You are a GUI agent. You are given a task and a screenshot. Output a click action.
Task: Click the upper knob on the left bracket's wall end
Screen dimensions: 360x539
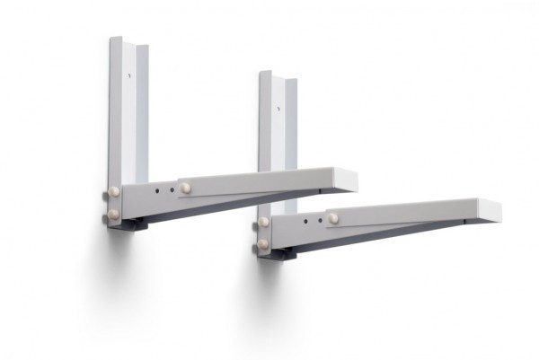tap(114, 193)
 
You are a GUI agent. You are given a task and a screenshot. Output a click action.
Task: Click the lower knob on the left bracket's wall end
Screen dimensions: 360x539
tap(114, 214)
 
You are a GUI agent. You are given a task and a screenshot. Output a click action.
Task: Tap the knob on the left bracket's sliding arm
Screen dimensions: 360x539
tap(185, 188)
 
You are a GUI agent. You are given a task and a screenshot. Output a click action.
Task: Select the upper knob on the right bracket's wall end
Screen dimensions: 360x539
tap(263, 222)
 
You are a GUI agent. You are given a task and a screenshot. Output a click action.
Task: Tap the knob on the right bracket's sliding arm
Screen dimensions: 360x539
tap(333, 218)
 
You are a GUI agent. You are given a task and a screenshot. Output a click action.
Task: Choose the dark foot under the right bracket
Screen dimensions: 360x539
tap(277, 254)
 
